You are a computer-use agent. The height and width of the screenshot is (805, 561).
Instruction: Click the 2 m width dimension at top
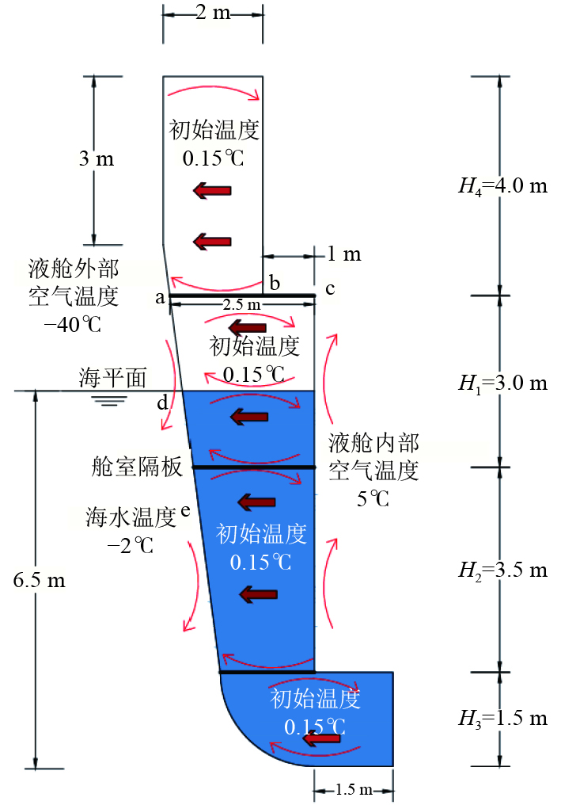(x=213, y=14)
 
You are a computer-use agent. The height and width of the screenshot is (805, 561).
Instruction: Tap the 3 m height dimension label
(x=97, y=159)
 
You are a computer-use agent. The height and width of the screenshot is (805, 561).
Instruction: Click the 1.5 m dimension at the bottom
(x=353, y=790)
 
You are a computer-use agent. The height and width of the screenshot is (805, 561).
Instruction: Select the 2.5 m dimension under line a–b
(x=240, y=306)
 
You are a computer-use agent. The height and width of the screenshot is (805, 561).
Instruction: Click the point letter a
(x=160, y=298)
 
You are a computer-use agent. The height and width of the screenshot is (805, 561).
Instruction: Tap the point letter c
(x=330, y=289)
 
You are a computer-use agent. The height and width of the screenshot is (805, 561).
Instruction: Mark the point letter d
(x=161, y=403)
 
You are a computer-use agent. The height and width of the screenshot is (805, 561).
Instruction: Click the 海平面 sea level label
(x=112, y=378)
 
